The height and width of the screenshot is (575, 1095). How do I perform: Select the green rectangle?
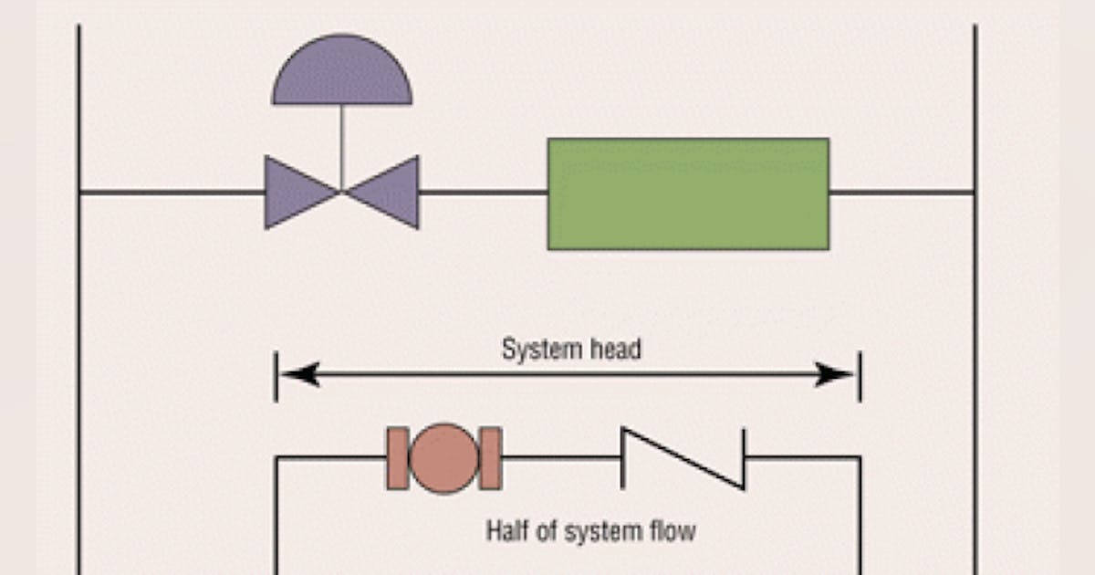coord(688,193)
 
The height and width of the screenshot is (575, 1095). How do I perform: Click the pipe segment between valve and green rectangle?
coord(483,193)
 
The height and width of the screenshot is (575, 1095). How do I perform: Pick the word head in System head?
coord(614,350)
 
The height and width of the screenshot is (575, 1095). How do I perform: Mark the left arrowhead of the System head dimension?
coord(297,374)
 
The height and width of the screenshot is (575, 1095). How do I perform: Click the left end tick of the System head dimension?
coord(276,374)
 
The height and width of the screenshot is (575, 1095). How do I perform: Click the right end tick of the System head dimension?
coord(859,374)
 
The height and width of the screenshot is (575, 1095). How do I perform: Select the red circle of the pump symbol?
coord(444,458)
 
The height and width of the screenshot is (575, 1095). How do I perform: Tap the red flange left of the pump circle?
coord(397,458)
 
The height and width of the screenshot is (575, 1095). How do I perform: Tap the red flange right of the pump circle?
coord(491,458)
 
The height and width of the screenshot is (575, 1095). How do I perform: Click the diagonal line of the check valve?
coord(683,458)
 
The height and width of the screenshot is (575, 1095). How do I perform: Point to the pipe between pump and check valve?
coord(561,457)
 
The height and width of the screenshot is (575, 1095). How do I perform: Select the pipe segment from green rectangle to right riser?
coord(902,193)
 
